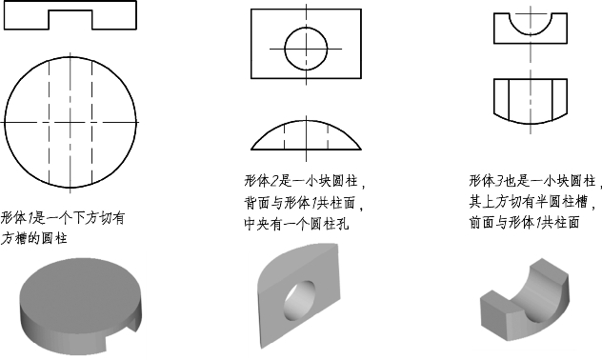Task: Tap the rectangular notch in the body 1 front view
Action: [70, 10]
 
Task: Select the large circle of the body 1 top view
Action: [5, 123]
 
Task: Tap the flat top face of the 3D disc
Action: [80, 285]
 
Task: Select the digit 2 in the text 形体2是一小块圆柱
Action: [274, 181]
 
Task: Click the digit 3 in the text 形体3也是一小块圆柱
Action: [499, 181]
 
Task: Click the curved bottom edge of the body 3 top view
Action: [531, 123]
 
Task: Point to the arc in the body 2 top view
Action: [306, 121]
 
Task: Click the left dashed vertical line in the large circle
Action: [49, 123]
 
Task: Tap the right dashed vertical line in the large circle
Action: [92, 123]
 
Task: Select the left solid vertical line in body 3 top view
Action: [509, 99]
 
